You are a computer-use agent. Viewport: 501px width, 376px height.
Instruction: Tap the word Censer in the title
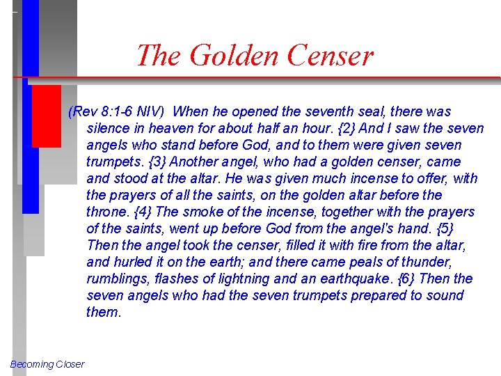[x=327, y=55]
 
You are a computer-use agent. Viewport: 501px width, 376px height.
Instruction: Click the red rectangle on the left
[x=46, y=116]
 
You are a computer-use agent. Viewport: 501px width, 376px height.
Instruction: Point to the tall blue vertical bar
[x=30, y=104]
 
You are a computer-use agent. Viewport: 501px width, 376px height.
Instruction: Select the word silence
[x=110, y=129]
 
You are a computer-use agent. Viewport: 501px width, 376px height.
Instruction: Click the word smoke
[x=187, y=212]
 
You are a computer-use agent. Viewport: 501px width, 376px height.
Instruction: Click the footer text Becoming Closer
[x=47, y=364]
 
